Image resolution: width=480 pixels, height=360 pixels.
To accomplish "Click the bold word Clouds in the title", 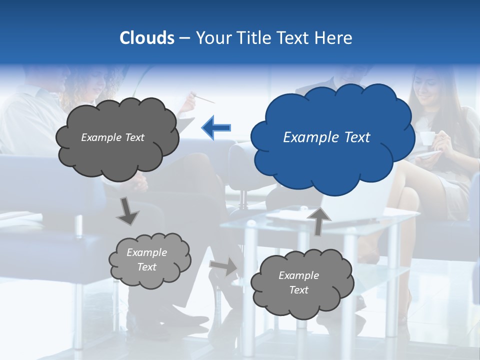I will pyautogui.click(x=147, y=38).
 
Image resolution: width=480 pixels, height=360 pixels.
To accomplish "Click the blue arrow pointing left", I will pyautogui.click(x=216, y=127).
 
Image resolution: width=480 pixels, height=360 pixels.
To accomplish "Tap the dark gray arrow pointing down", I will pyautogui.click(x=127, y=211).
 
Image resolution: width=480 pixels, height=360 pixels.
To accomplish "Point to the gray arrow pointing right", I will pyautogui.click(x=223, y=267).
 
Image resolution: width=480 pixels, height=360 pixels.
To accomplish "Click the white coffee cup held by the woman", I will pyautogui.click(x=426, y=138).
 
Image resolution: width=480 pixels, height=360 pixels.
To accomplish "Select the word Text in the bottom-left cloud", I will pyautogui.click(x=147, y=267).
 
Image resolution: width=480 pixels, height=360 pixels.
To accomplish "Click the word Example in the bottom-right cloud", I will pyautogui.click(x=298, y=275).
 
